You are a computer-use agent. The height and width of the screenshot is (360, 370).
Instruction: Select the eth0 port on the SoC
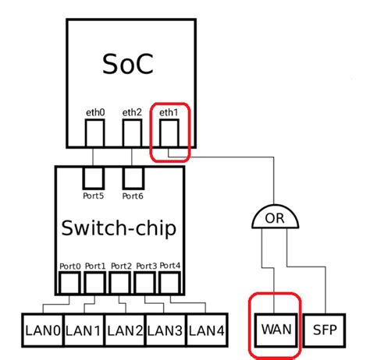pyautogui.click(x=95, y=134)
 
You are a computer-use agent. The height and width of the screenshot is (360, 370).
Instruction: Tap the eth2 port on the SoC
pyautogui.click(x=132, y=134)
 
